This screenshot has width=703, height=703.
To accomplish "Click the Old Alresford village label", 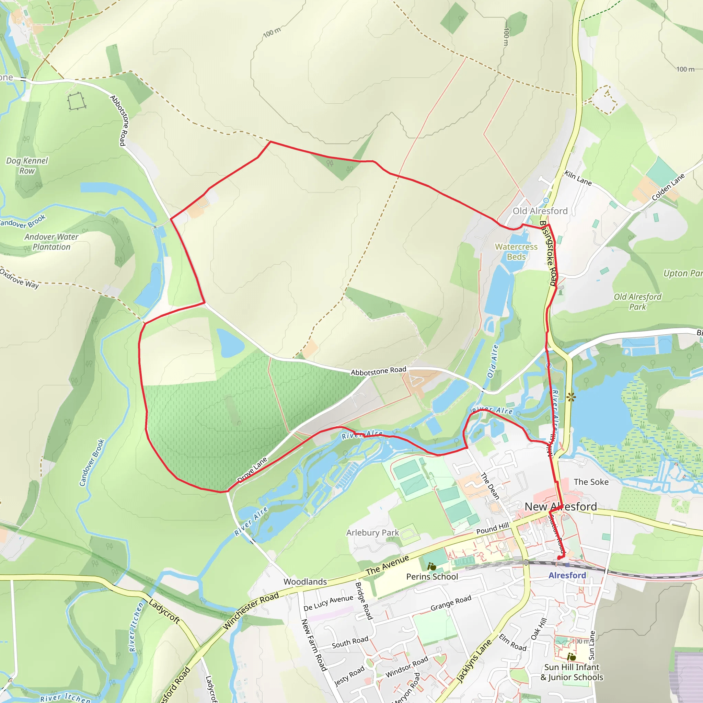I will point(540,211).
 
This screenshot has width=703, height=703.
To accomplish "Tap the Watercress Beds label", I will point(516,252).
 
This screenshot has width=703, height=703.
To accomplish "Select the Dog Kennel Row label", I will point(27,166).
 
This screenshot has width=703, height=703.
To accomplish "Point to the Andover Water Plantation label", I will point(51,242).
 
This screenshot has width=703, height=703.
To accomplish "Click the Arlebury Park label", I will point(372,533).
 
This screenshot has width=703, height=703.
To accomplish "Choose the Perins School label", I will point(432,577).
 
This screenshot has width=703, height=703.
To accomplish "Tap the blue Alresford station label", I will point(567,575).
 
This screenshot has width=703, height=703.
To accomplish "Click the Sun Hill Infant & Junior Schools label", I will point(572,672).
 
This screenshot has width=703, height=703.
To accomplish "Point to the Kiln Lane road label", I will point(578,178).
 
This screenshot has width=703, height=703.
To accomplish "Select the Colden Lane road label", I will point(668,187).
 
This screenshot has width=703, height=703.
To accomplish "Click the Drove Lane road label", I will point(252,470).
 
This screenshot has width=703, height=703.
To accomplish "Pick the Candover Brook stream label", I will point(92,462).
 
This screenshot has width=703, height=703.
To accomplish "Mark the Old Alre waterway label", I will point(492,361).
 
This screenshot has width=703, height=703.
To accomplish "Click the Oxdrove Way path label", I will point(19,278).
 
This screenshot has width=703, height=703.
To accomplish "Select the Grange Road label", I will point(451,603).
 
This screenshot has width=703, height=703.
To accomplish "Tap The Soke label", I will point(591,482).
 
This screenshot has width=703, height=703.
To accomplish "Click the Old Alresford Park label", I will point(637,302).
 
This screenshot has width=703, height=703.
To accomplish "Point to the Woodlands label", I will point(305,582).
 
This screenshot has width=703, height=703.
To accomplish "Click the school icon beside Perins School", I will point(431,566).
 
